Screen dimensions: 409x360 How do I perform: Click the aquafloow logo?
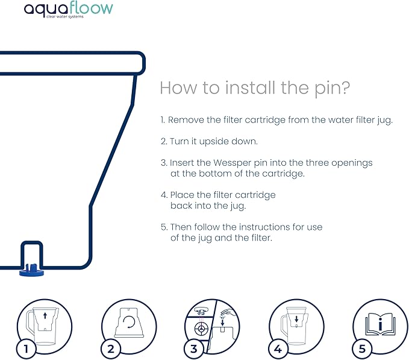click(x=68, y=10)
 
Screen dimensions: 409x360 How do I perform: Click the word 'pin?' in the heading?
click(x=332, y=89)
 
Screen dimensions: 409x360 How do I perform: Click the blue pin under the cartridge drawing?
click(x=31, y=271)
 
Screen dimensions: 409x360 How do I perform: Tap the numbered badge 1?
click(x=26, y=349)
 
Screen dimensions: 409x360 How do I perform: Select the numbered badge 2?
click(x=111, y=349)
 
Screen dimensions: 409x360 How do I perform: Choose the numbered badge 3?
click(x=193, y=349)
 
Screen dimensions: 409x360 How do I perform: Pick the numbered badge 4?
click(x=278, y=349)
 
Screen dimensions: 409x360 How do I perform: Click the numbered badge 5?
click(x=362, y=349)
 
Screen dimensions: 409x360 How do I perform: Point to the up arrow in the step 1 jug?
click(x=45, y=315)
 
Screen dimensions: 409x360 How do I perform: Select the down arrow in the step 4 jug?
click(x=296, y=319)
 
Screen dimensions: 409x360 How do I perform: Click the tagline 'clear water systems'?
click(x=65, y=17)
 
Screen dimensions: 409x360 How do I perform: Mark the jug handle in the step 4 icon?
click(x=284, y=327)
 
